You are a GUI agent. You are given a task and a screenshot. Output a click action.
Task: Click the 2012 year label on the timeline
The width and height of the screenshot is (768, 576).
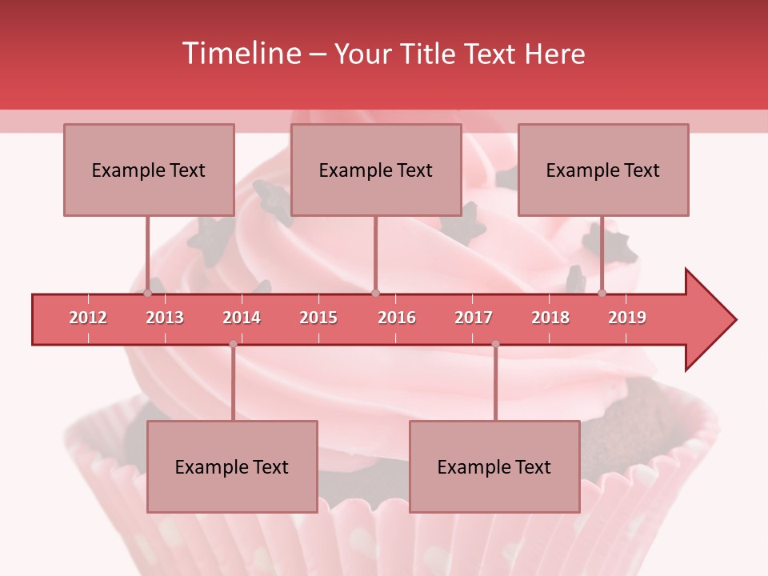[x=88, y=318]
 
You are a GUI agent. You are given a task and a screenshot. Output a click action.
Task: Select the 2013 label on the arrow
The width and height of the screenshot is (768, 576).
[x=165, y=318]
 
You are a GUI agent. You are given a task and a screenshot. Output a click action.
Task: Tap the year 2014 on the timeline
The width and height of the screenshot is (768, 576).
[x=242, y=318]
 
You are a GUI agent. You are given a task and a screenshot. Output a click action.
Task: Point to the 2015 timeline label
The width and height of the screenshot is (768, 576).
[x=318, y=318]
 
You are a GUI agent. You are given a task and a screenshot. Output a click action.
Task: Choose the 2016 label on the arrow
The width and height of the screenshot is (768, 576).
[x=397, y=318]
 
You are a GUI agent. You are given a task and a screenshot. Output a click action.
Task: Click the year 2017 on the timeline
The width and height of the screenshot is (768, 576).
[x=474, y=318]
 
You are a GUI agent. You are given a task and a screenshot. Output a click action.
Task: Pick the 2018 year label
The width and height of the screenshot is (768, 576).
[x=550, y=318]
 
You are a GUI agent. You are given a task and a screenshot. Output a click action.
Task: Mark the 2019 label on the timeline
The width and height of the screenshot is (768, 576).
[x=627, y=318]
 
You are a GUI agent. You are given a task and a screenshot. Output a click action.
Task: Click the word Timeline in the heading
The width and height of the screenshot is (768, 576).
[x=241, y=54]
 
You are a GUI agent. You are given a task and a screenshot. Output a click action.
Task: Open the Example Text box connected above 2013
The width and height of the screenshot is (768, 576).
[x=149, y=170]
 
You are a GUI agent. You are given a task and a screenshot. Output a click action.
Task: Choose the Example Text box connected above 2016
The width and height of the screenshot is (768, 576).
[x=376, y=170]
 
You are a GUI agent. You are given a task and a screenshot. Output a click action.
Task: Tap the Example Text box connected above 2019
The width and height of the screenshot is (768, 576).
[x=603, y=170]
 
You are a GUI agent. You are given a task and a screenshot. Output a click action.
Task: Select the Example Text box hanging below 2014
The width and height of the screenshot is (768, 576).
[x=232, y=466]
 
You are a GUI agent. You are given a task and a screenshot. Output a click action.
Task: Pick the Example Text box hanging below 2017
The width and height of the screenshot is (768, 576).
[x=494, y=466]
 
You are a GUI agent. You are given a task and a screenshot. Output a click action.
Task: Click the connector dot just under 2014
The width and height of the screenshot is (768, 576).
[x=233, y=344]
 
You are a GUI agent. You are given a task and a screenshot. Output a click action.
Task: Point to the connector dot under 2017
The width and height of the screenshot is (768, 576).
[x=495, y=344]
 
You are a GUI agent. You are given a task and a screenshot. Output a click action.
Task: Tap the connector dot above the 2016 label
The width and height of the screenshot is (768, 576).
[x=375, y=293]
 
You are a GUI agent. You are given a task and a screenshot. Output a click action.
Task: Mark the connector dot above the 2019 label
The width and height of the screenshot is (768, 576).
[x=602, y=293]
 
